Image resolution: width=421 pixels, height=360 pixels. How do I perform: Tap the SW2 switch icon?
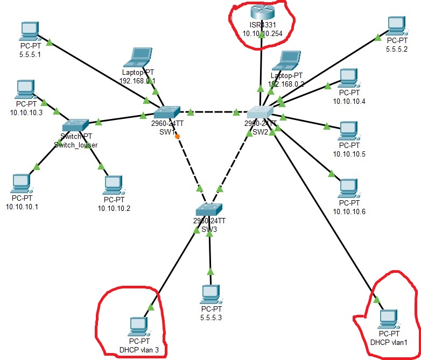pos(261,112)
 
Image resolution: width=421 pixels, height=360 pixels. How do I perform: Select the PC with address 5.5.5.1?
pos(28,32)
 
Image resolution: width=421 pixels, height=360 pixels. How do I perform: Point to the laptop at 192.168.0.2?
pos(285,60)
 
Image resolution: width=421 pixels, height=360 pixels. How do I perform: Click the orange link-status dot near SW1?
pos(177,137)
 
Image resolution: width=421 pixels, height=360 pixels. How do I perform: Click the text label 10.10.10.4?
pos(349,102)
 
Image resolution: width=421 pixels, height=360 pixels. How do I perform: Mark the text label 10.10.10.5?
pos(349,154)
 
